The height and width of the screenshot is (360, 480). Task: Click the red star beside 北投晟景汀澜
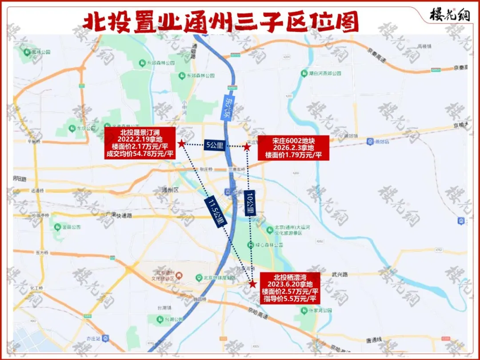point(181,144)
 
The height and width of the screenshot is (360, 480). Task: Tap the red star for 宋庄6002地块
point(247,147)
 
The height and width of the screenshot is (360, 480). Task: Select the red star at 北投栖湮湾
point(252,284)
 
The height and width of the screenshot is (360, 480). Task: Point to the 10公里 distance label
point(250,204)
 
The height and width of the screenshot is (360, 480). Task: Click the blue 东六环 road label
point(227,108)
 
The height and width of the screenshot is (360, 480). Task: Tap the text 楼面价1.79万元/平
point(293,155)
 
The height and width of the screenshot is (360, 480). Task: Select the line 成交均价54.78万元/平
point(140,154)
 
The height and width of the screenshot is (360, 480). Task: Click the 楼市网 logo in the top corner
point(449,15)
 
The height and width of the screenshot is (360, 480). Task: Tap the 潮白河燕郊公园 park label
point(324,73)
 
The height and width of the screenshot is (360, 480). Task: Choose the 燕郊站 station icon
point(370,141)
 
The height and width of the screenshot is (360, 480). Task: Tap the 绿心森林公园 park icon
point(250,245)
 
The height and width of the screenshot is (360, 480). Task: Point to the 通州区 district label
point(169,189)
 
